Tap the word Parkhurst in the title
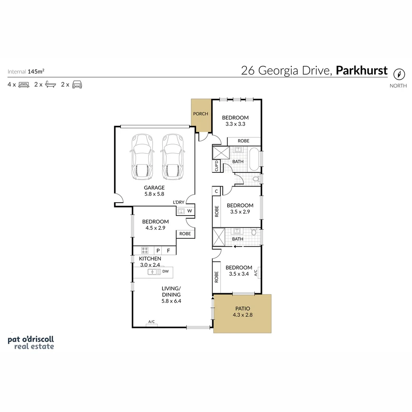coord(362,71)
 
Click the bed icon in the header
coord(24,85)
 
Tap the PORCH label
coord(201,114)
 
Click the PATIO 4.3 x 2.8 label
coord(243,312)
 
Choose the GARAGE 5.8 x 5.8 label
coord(154,190)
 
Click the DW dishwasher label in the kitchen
coord(165,272)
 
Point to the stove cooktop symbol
coord(145,251)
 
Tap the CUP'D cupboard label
coord(216,166)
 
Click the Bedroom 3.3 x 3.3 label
coord(235,121)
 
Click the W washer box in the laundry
coord(190,211)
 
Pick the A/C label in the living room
coord(151,322)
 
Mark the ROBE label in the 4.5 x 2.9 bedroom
coord(185,234)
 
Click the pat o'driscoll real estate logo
coord(31,343)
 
